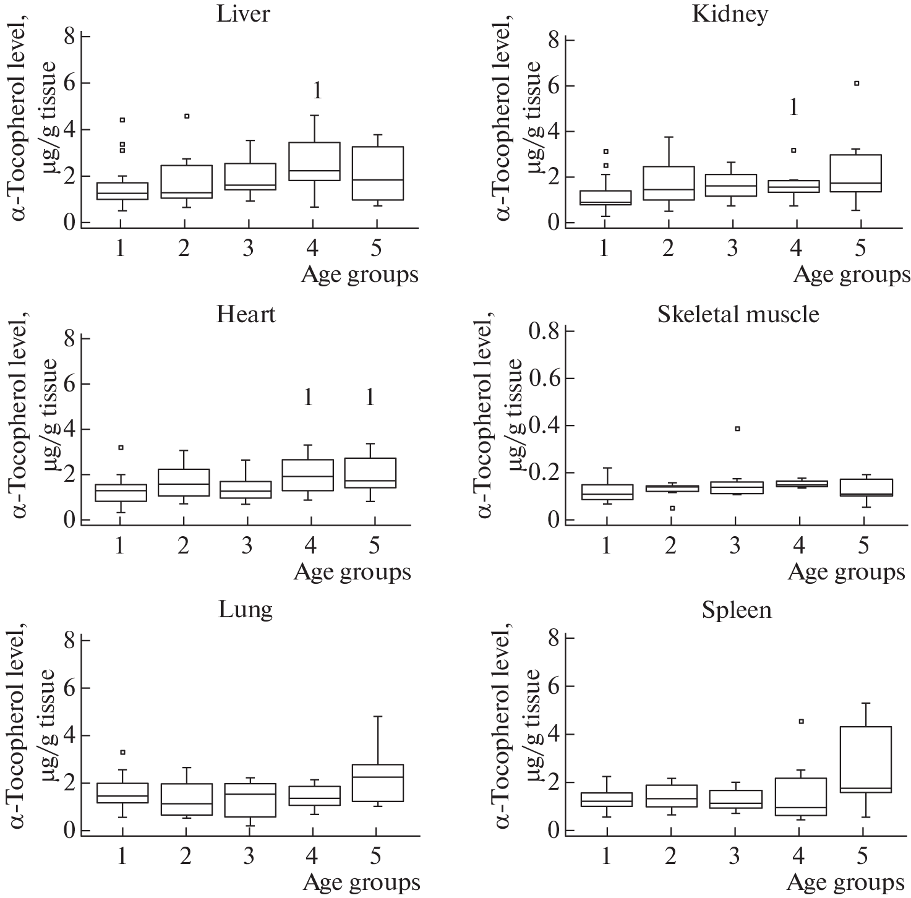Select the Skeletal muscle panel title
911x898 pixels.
click(x=738, y=314)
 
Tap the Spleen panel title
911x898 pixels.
click(x=737, y=610)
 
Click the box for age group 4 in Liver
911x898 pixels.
click(x=314, y=161)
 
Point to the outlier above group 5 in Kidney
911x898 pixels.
click(x=857, y=83)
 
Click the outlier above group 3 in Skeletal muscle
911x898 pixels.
click(x=737, y=429)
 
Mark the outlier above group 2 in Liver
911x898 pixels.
click(x=187, y=116)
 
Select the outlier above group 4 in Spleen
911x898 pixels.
click(x=801, y=721)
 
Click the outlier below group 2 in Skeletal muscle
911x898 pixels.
click(x=672, y=508)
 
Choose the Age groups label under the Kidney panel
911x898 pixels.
click(x=852, y=275)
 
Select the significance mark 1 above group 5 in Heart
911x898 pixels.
click(x=370, y=398)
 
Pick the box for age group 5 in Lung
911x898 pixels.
click(x=378, y=783)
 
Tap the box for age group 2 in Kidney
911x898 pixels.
click(x=669, y=183)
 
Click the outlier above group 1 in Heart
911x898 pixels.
click(x=121, y=447)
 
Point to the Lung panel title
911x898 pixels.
click(x=246, y=610)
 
